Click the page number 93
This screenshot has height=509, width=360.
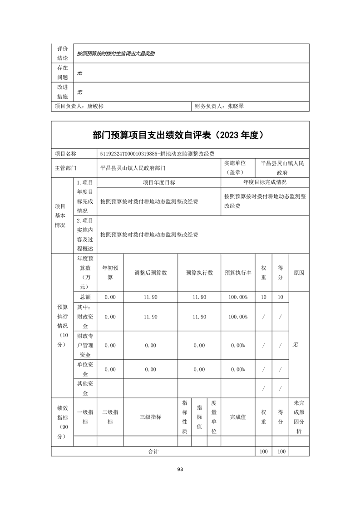pyautogui.click(x=180, y=469)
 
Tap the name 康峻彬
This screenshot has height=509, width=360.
pyautogui.click(x=95, y=106)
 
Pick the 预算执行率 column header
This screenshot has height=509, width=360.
pyautogui.click(x=238, y=273)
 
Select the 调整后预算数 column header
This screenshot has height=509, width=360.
pyautogui.click(x=150, y=273)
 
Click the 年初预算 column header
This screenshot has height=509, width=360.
pyautogui.click(x=110, y=273)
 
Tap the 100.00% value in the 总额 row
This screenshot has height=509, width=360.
pyautogui.click(x=238, y=297)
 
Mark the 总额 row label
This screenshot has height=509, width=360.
pyautogui.click(x=85, y=297)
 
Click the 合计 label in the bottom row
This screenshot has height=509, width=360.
pyautogui.click(x=153, y=451)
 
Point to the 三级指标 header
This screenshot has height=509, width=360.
pyautogui.click(x=150, y=417)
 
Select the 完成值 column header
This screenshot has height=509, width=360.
pyautogui.click(x=238, y=417)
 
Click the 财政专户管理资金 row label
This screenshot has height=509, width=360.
pyautogui.click(x=85, y=345)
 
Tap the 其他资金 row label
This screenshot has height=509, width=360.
pyautogui.click(x=85, y=388)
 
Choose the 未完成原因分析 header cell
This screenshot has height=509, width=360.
pyautogui.click(x=299, y=417)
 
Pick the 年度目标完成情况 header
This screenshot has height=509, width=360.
pyautogui.click(x=265, y=182)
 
